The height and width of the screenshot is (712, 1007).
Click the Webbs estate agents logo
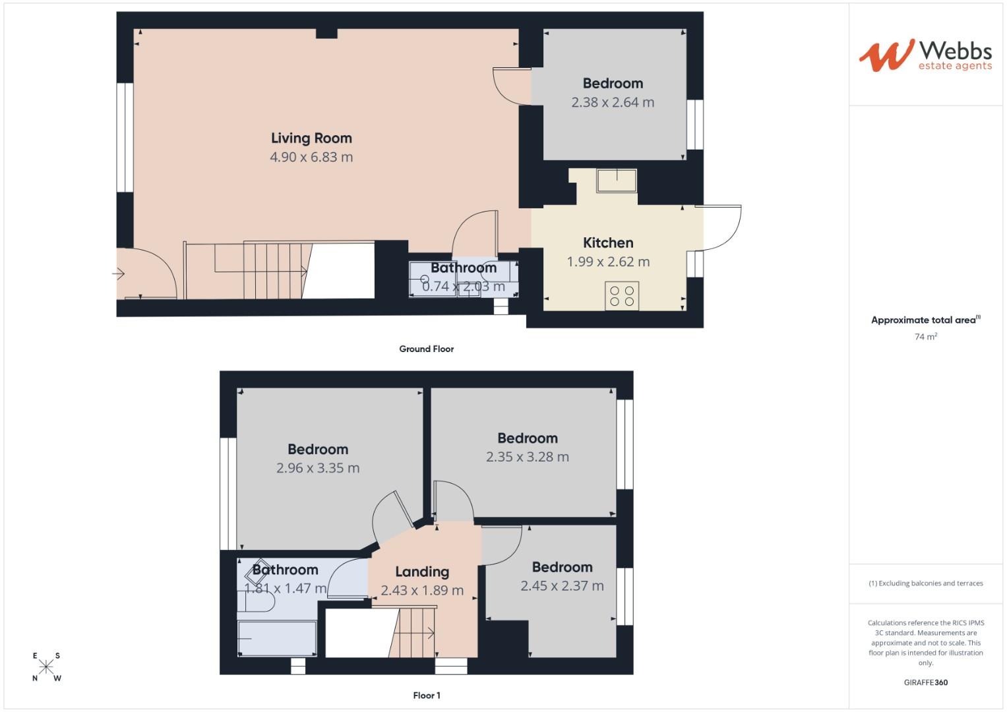coord(925,55)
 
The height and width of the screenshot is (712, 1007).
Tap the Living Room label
coord(311,138)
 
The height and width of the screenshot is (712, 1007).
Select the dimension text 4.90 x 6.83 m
coord(311,157)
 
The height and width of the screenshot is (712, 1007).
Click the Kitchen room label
coord(608,243)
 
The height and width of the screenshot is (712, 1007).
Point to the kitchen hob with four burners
coord(621,296)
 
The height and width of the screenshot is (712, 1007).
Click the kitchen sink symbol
coord(617,181)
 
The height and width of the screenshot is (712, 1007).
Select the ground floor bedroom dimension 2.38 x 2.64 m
coord(613,102)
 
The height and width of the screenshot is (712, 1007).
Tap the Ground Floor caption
coord(426,349)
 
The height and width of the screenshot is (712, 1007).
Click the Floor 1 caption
coord(426,696)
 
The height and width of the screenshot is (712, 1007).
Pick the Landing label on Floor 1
coord(422,572)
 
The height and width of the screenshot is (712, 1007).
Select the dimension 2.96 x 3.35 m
coord(318,468)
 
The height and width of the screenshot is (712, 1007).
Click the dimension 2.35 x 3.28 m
coord(527,457)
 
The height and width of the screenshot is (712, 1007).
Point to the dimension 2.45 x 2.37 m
coord(562,586)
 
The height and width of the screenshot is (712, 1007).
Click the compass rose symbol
coord(46,667)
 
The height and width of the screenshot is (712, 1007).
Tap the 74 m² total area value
coord(925,336)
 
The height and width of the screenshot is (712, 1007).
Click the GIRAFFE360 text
coord(925,682)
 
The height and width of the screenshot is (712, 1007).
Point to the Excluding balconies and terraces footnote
coord(925,583)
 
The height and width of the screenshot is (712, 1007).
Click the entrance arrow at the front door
coord(119,274)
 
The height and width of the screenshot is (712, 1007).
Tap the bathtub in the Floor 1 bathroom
coord(277,638)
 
